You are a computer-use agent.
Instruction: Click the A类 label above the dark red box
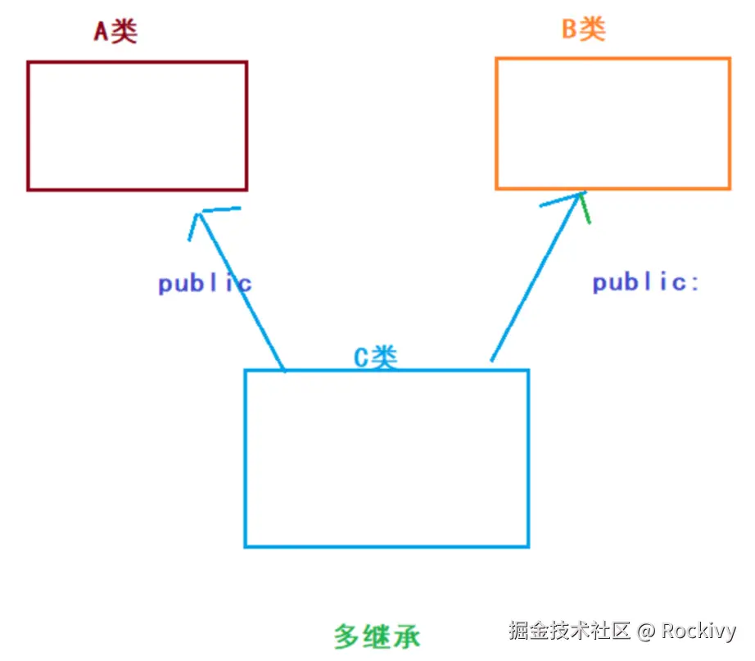coord(115,31)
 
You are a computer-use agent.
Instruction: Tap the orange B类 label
coord(583,29)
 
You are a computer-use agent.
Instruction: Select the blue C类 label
coord(375,357)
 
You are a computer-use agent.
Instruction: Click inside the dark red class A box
coord(137,126)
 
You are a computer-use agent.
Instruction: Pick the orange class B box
coord(613,124)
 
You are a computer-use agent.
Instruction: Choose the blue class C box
coord(387,458)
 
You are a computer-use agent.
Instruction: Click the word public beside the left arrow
coord(205,284)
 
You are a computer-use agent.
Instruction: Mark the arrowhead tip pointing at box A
coord(197,213)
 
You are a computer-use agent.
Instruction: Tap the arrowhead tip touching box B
coord(580,194)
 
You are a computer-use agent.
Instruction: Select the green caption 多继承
coord(377,636)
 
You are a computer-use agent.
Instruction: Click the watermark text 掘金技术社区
coord(569,631)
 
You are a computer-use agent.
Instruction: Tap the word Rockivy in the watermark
coord(698,631)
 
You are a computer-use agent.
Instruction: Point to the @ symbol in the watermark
coord(646,632)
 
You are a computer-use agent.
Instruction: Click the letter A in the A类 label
coord(102,31)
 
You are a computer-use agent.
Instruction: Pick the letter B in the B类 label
coord(570,29)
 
